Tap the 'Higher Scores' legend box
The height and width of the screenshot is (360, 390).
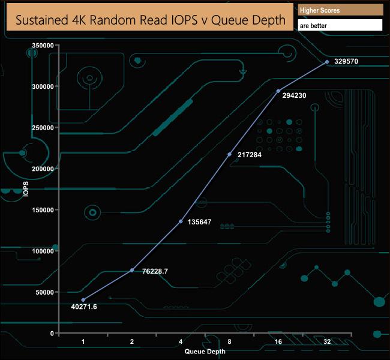click(x=340, y=10)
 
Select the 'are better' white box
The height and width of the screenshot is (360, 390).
click(x=340, y=25)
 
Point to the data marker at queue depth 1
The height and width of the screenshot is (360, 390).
click(x=83, y=300)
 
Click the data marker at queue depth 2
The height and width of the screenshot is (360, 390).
click(x=132, y=270)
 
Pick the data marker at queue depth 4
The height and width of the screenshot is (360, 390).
click(x=181, y=221)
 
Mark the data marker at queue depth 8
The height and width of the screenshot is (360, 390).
click(x=229, y=154)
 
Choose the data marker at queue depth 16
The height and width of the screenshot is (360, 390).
click(x=278, y=91)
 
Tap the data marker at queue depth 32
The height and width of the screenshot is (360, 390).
click(x=327, y=62)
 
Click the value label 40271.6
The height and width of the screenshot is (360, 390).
click(x=83, y=307)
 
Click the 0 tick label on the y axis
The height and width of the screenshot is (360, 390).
click(x=52, y=333)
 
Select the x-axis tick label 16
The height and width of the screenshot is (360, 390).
click(x=278, y=341)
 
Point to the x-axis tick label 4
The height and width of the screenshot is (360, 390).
click(x=181, y=341)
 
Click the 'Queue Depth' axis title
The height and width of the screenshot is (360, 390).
click(x=205, y=352)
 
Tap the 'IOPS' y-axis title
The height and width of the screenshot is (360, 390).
click(x=25, y=190)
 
